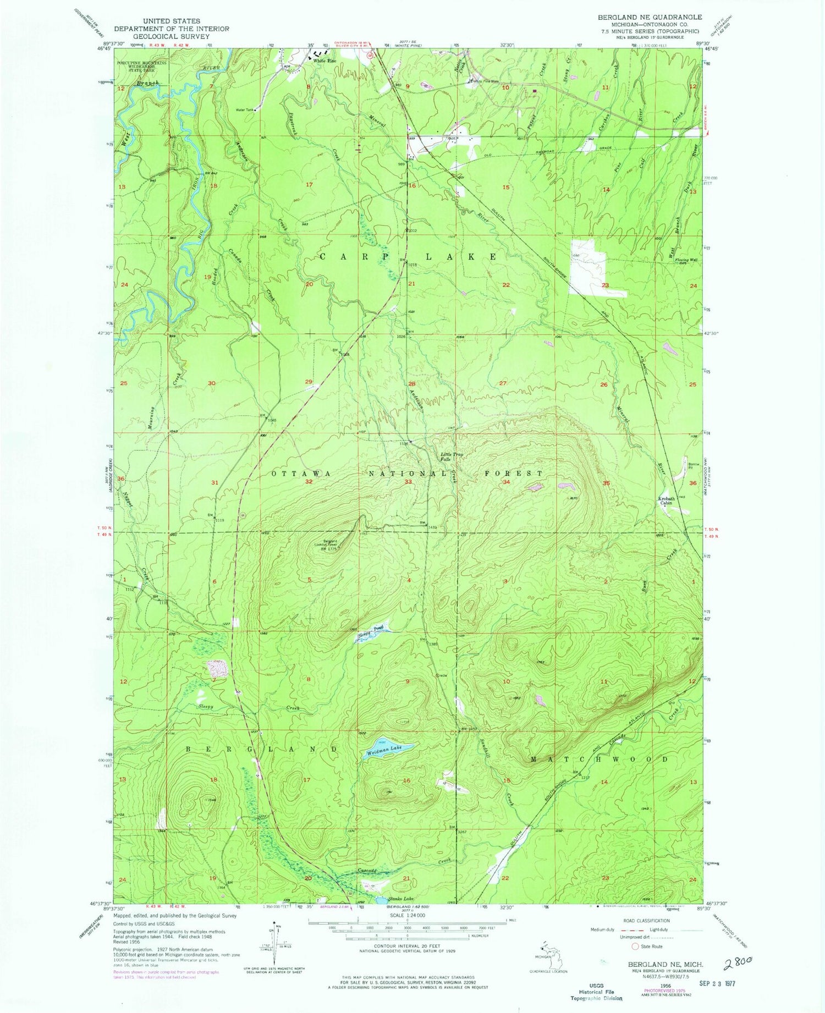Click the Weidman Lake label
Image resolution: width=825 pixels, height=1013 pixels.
tap(384, 748)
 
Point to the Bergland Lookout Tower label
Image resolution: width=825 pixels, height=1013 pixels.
tap(329, 544)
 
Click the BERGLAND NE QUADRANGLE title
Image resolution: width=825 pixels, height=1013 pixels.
tap(650, 18)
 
